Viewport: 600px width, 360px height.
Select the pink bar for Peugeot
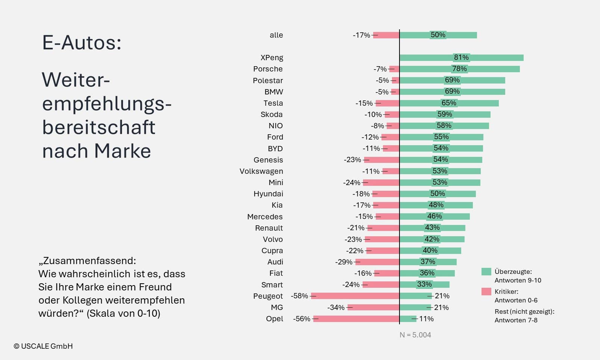pos(355,296)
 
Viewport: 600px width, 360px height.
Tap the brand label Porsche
pos(268,69)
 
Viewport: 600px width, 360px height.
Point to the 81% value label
pos(461,58)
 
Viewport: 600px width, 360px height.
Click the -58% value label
pos(299,296)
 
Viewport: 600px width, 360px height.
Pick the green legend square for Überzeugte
pos(486,272)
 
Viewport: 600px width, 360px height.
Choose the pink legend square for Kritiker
pos(486,292)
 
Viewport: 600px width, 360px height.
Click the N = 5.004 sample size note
pos(415,335)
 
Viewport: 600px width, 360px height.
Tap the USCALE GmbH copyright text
pos(43,346)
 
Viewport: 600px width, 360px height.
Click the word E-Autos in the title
pos(82,43)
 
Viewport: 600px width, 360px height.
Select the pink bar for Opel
pos(356,319)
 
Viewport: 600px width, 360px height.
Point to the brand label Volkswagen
pos(261,171)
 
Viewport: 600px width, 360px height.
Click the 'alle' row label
pos(276,35)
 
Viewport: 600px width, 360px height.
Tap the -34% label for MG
pos(336,307)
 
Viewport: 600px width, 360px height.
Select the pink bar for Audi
pos(377,262)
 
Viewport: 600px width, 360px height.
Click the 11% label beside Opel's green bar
pos(426,319)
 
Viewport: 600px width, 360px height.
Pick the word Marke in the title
pos(123,151)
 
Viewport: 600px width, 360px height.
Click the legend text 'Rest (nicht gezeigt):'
pos(524,311)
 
